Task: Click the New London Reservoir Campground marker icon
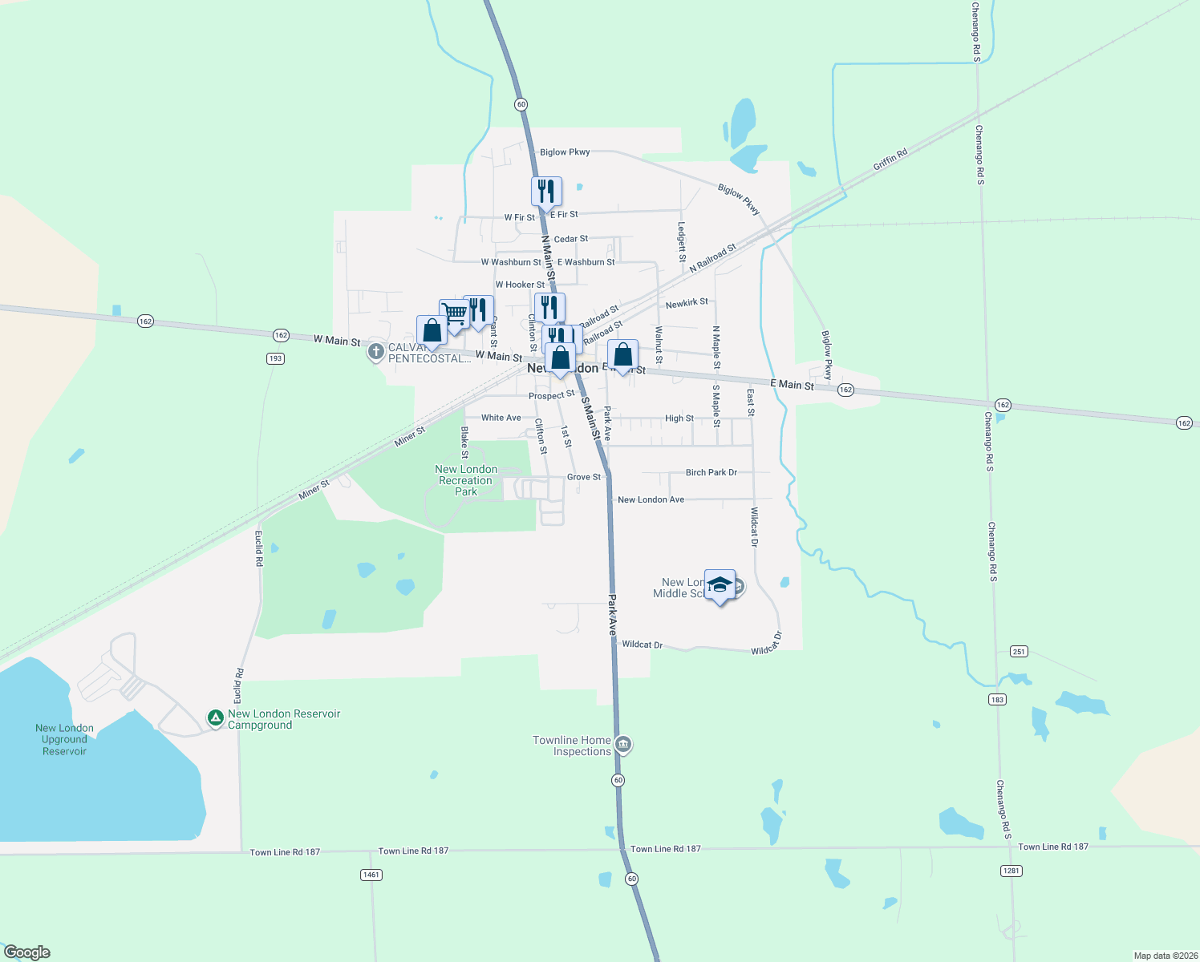[x=215, y=718]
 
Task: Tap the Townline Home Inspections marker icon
[x=624, y=746]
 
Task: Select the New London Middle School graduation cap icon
[x=720, y=585]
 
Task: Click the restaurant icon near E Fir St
[x=546, y=192]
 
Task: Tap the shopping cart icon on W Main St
[x=454, y=313]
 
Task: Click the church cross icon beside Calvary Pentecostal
[x=375, y=352]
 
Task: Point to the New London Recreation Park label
[x=466, y=480]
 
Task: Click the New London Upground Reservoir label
[x=64, y=739]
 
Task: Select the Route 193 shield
[x=275, y=358]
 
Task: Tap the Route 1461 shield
[x=371, y=875]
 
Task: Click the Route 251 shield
[x=1019, y=652]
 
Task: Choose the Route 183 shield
[x=997, y=700]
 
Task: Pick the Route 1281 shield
[x=1011, y=871]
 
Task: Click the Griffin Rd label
[x=890, y=159]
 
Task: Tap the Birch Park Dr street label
[x=711, y=472]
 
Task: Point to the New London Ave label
[x=651, y=499]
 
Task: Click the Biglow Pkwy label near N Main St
[x=565, y=152]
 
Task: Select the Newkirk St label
[x=687, y=303]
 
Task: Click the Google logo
[x=27, y=952]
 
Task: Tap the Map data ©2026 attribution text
[x=1165, y=956]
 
